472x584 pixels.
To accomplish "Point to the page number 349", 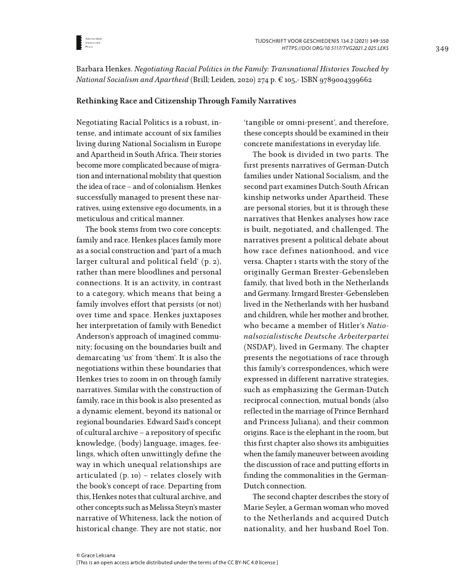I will click(442, 48).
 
